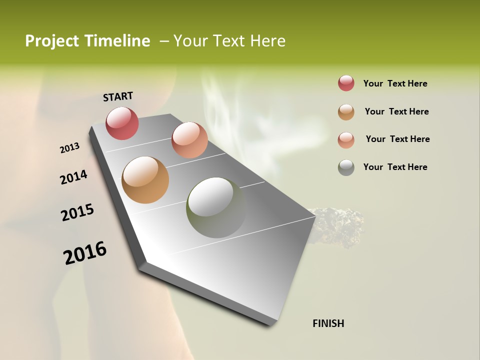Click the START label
(118, 96)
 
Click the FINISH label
(328, 323)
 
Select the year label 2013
(69, 148)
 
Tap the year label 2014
(73, 177)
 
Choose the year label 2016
(85, 252)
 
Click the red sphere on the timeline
(122, 123)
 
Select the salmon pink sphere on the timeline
(189, 140)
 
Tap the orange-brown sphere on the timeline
(145, 180)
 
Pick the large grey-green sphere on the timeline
(216, 207)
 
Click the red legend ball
(346, 83)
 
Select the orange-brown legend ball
(346, 112)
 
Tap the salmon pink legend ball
(346, 140)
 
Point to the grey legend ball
(346, 167)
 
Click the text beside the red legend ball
(395, 83)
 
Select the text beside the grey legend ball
(395, 167)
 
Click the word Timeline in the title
(117, 41)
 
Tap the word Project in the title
(51, 41)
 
